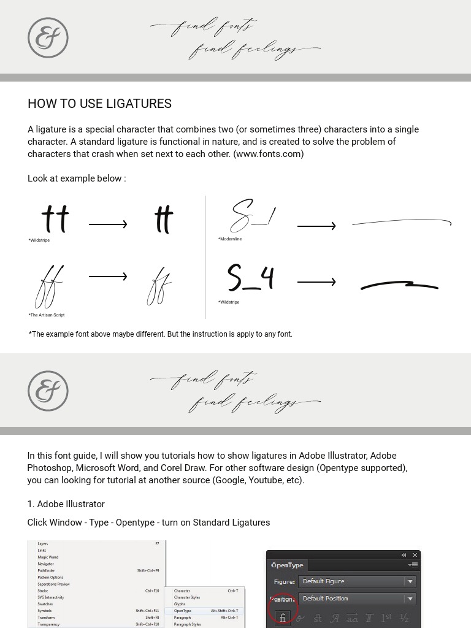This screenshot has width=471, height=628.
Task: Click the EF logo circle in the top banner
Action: pyautogui.click(x=48, y=38)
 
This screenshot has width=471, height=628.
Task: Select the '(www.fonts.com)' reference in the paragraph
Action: pyautogui.click(x=268, y=154)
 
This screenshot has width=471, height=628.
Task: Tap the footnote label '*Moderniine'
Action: pyautogui.click(x=230, y=239)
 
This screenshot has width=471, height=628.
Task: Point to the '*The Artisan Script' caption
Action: pyautogui.click(x=47, y=315)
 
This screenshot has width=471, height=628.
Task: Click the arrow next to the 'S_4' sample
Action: pyautogui.click(x=316, y=282)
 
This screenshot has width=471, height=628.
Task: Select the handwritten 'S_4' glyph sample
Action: pyautogui.click(x=250, y=278)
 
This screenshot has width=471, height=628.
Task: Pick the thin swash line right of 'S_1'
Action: pyautogui.click(x=402, y=223)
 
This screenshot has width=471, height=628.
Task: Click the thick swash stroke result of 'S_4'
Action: pyautogui.click(x=399, y=285)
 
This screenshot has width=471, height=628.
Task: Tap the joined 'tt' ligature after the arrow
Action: pyautogui.click(x=164, y=220)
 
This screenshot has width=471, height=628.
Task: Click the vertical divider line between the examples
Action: pyautogui.click(x=205, y=258)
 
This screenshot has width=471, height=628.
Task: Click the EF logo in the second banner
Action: pyautogui.click(x=48, y=391)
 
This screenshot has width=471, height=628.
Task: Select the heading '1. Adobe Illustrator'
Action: pyautogui.click(x=66, y=504)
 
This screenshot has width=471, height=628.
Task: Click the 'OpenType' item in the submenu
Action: pyautogui.click(x=183, y=611)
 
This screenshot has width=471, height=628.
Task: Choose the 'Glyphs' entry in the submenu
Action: pyautogui.click(x=180, y=604)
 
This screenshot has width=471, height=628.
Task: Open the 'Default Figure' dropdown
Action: pyautogui.click(x=356, y=581)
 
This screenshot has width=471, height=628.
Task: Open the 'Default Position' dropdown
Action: pyautogui.click(x=356, y=599)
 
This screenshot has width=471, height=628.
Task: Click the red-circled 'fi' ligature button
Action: pyautogui.click(x=283, y=618)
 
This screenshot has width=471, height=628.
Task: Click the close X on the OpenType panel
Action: pyautogui.click(x=415, y=555)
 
